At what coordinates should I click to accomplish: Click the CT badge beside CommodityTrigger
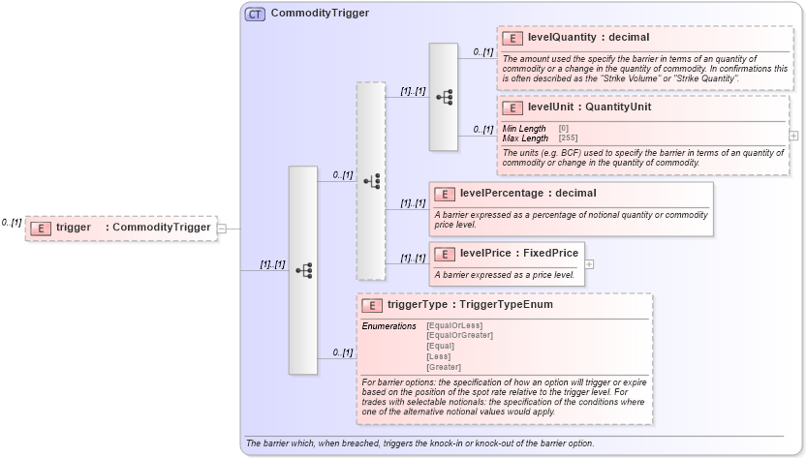tap(256, 14)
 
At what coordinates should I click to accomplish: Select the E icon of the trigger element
tap(41, 228)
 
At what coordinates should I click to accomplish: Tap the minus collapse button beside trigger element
tap(222, 228)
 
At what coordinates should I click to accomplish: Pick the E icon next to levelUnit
tap(512, 107)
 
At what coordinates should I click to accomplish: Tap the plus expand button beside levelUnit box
tap(794, 136)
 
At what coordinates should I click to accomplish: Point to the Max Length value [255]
tap(570, 138)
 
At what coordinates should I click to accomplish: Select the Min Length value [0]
tap(564, 129)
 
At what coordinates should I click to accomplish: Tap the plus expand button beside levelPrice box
tap(589, 263)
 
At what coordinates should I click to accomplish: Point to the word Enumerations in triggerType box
tap(388, 325)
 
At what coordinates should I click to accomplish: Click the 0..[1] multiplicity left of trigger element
tap(12, 223)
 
